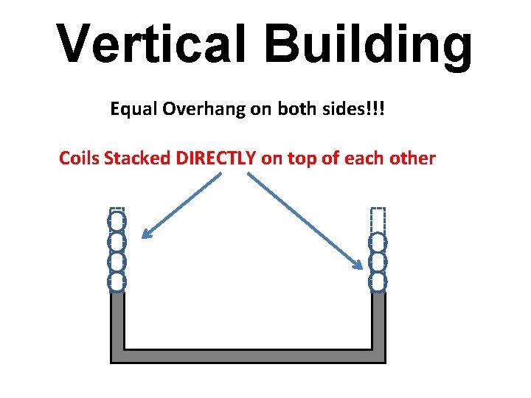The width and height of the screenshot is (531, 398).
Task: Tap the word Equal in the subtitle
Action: coord(131,110)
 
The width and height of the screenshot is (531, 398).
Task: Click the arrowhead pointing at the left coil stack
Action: coord(146,234)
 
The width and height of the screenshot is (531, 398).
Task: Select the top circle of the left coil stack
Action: coord(117,221)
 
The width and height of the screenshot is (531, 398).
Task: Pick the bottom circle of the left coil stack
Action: coord(117,281)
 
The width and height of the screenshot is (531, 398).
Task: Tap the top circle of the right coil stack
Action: coord(377,242)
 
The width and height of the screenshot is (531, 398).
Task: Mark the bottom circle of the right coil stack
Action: coord(377,281)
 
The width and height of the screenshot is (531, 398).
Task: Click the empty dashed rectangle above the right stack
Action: coord(377,219)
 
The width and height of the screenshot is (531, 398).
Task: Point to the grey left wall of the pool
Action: coord(117,324)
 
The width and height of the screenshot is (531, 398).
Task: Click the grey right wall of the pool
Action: coord(378,324)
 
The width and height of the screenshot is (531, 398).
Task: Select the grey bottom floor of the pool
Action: coord(248,356)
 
